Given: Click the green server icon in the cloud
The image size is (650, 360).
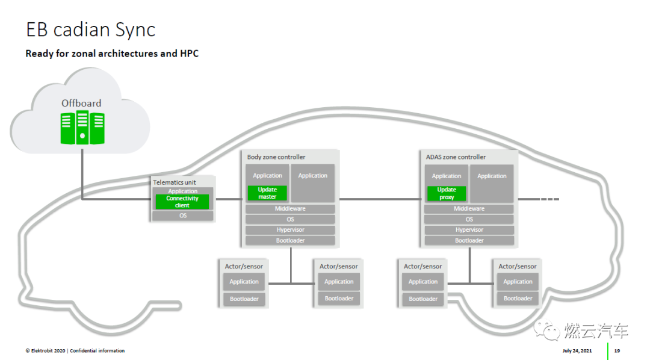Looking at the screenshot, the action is [82, 128].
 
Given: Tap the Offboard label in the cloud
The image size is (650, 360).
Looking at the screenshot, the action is [81, 104].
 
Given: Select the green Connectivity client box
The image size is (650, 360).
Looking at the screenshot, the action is [182, 202].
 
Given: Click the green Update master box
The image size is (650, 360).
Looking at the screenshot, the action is [267, 193].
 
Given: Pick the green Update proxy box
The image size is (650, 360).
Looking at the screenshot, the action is [447, 193].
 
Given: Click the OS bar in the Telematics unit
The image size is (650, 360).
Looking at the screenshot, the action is [183, 216].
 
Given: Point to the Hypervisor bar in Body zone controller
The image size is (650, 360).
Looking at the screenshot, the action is [290, 230].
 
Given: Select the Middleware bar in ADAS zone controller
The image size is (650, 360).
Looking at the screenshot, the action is [469, 209].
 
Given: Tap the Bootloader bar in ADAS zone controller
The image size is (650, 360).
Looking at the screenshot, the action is [469, 241].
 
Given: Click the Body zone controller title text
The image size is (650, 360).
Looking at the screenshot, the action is [276, 157].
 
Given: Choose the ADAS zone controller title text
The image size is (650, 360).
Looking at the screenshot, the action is [456, 157].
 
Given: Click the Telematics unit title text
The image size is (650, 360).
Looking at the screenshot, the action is [175, 182].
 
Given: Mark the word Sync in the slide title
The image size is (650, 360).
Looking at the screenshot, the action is [135, 30].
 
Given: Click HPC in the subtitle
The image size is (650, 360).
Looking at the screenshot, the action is [190, 54].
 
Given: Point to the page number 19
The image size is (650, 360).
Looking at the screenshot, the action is [617, 351].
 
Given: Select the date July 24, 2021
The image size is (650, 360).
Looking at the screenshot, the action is [577, 351].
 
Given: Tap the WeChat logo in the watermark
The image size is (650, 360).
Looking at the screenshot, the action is [546, 330].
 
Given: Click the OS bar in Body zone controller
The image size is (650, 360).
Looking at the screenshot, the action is [290, 219].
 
